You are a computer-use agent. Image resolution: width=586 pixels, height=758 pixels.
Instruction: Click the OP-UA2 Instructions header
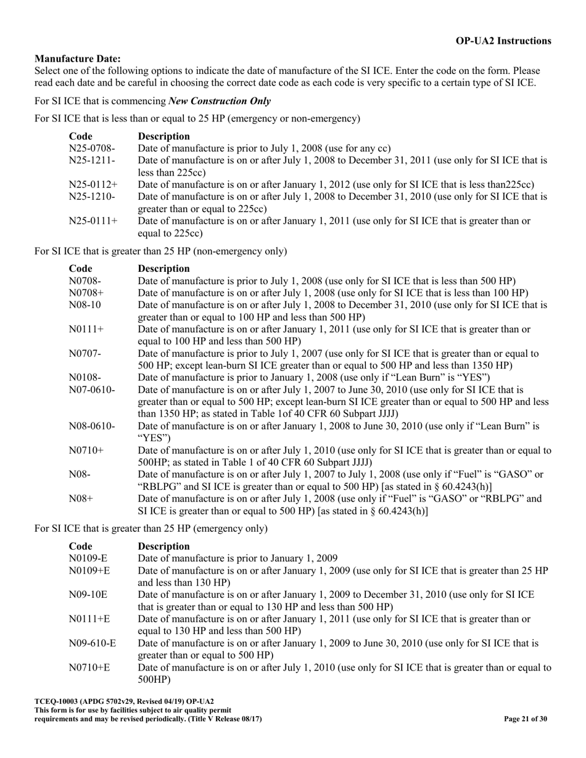coord(503,41)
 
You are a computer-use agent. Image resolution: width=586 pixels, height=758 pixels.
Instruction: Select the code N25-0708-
coord(92,149)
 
